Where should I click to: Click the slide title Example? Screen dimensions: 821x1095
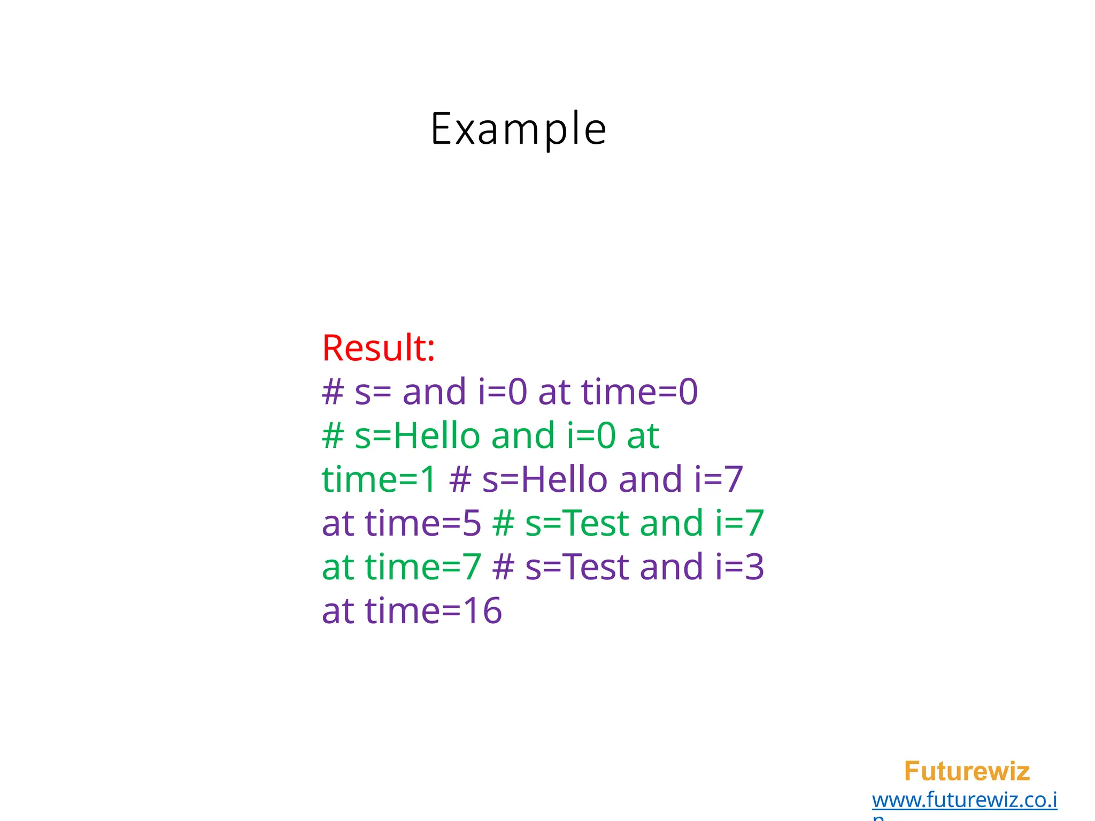(518, 129)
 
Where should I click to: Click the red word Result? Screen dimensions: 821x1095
(379, 348)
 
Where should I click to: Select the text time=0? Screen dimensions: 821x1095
(639, 392)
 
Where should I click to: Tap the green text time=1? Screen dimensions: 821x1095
(379, 479)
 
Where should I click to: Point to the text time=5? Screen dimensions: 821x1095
(423, 523)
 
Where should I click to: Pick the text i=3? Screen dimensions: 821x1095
(739, 567)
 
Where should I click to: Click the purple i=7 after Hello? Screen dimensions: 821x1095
(719, 479)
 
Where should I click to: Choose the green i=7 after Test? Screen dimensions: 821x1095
(739, 523)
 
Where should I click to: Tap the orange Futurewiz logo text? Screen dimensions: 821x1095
(967, 771)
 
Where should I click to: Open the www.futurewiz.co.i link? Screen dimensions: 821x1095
(965, 800)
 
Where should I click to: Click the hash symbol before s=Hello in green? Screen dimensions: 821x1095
(333, 436)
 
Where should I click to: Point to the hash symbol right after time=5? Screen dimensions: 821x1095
(503, 523)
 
